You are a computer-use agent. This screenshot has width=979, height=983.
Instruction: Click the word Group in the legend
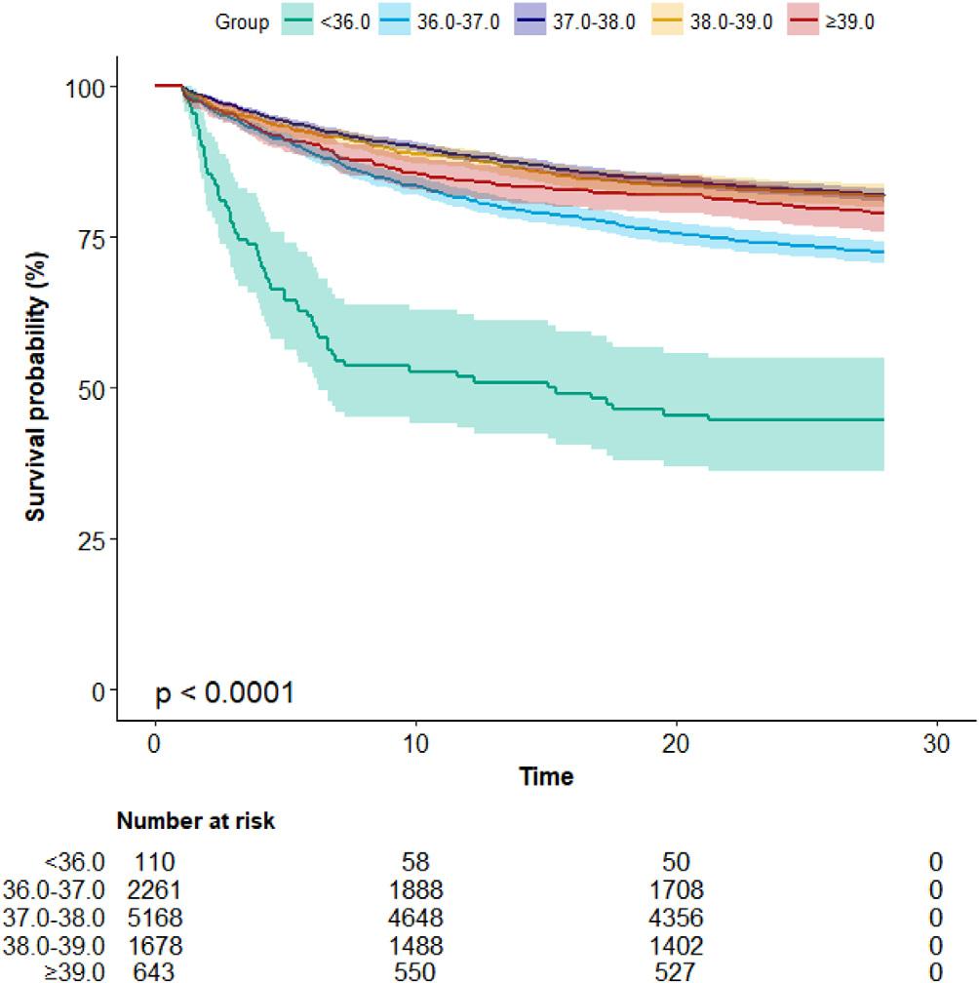click(242, 21)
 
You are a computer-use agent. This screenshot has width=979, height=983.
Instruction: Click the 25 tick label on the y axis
click(93, 538)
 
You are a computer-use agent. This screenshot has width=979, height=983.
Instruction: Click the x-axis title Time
click(546, 777)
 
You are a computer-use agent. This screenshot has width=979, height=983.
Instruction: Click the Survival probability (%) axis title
click(36, 388)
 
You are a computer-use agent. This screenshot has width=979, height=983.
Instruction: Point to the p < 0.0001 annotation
click(225, 693)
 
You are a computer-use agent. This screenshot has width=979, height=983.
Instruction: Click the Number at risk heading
click(196, 822)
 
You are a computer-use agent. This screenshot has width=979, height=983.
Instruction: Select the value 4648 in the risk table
click(415, 918)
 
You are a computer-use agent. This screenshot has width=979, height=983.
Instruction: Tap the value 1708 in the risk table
click(676, 889)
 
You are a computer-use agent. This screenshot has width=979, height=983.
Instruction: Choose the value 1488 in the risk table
click(415, 945)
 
